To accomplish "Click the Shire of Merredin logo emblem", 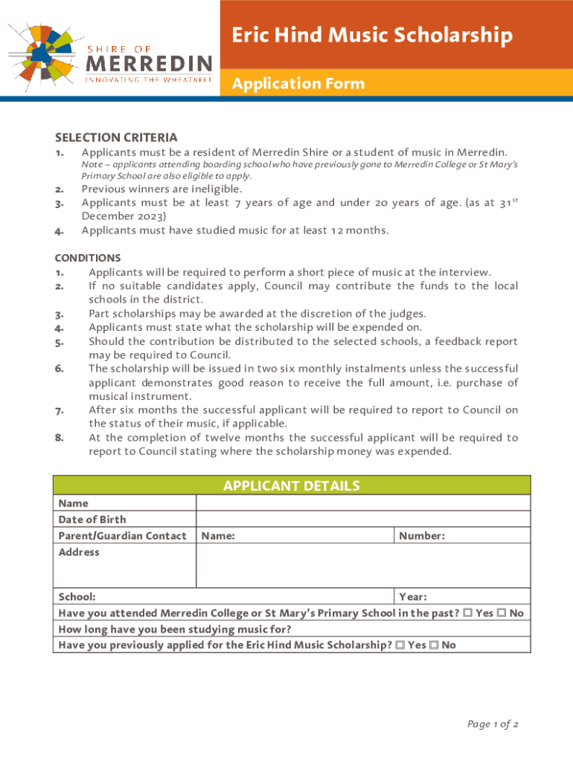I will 42,51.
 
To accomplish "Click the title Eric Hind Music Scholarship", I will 371,36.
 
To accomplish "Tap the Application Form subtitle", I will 298,83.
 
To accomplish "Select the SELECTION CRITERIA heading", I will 116,137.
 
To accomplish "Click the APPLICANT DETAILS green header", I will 292,486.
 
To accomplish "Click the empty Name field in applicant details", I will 363,503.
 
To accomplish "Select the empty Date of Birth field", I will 363,519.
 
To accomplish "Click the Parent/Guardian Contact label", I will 123,536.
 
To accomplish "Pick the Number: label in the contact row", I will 422,536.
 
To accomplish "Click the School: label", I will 77,597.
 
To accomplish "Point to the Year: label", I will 413,597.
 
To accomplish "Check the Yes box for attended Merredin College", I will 467,613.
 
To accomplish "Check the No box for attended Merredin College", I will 502,613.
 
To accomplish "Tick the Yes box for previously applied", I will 400,645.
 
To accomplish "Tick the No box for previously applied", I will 434,645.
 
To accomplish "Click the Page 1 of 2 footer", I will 493,724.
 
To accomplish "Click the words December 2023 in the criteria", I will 124,216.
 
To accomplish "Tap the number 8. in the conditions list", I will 59,438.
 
